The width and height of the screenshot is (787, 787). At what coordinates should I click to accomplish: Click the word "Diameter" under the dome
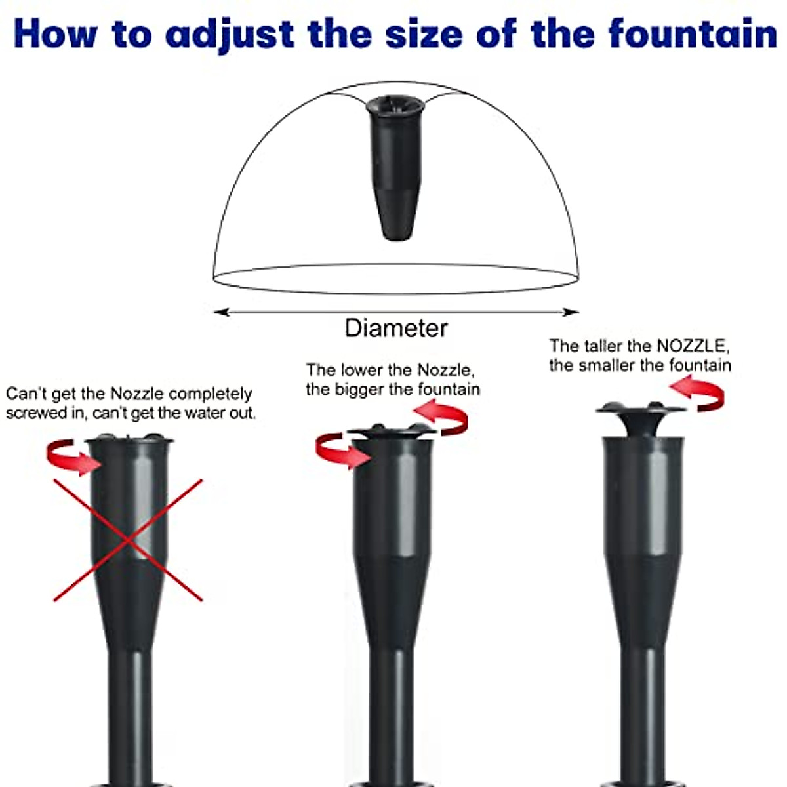coord(396,328)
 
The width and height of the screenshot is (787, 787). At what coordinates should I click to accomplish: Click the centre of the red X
coord(129,540)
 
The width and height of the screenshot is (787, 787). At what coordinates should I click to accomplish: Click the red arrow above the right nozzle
coord(699,393)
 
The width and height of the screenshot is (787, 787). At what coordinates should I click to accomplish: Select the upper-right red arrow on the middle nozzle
coord(442,418)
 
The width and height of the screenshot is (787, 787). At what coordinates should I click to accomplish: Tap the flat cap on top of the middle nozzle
coord(392,432)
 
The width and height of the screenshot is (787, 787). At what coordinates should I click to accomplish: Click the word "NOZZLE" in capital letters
coord(692,346)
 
